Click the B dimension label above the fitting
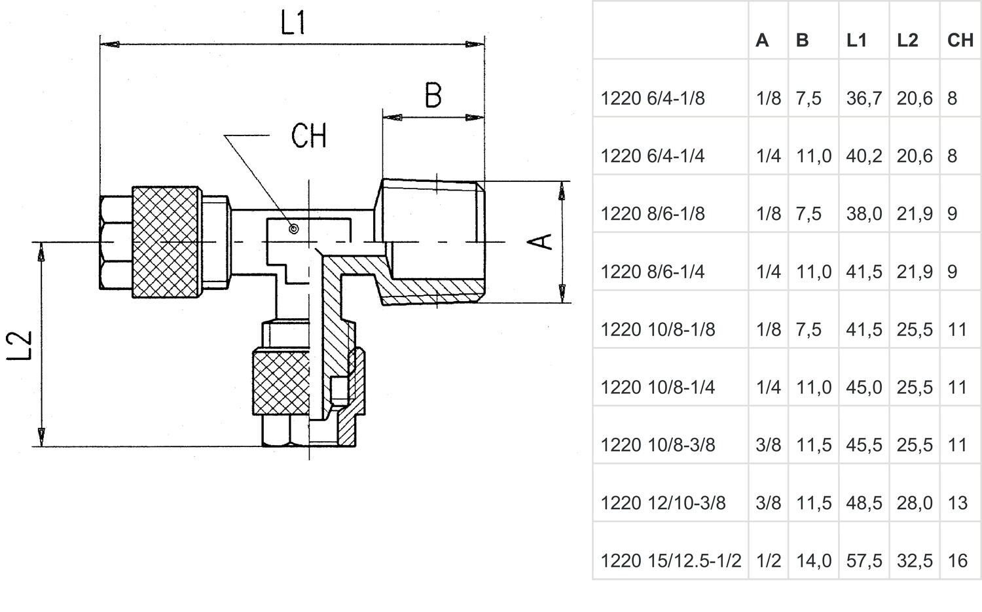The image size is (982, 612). (433, 96)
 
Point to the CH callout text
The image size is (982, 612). (308, 136)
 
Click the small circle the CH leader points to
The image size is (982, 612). (294, 229)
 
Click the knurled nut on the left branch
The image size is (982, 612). (166, 242)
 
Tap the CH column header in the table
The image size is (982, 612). (960, 41)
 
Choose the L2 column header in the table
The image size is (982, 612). (907, 41)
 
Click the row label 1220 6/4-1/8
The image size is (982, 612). (652, 98)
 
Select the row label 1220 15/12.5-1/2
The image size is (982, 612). (670, 561)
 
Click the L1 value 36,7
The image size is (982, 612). (864, 98)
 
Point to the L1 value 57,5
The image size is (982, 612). (864, 561)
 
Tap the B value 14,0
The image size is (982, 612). (813, 561)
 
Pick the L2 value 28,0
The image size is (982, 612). (915, 503)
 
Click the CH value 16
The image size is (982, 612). (957, 561)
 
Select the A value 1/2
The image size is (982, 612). (768, 561)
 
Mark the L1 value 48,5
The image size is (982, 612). (864, 503)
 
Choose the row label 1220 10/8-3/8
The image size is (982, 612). (657, 445)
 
